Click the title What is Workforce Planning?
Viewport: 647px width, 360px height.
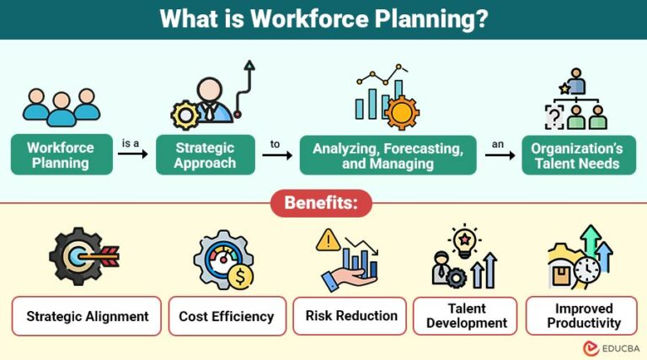tap(323, 19)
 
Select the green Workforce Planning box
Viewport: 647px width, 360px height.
tap(61, 155)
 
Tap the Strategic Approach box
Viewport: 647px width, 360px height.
tap(205, 155)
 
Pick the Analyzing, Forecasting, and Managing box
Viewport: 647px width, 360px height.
tap(388, 155)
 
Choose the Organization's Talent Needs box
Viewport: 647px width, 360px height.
tap(576, 155)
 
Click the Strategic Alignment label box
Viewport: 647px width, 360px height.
tap(88, 316)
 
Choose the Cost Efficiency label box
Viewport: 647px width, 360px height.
tap(227, 316)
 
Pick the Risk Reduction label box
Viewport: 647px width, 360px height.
tap(350, 316)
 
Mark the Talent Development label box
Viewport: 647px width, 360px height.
tap(466, 316)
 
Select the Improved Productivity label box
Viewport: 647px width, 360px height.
tap(583, 316)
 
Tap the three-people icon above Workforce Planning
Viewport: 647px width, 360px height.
tap(61, 105)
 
